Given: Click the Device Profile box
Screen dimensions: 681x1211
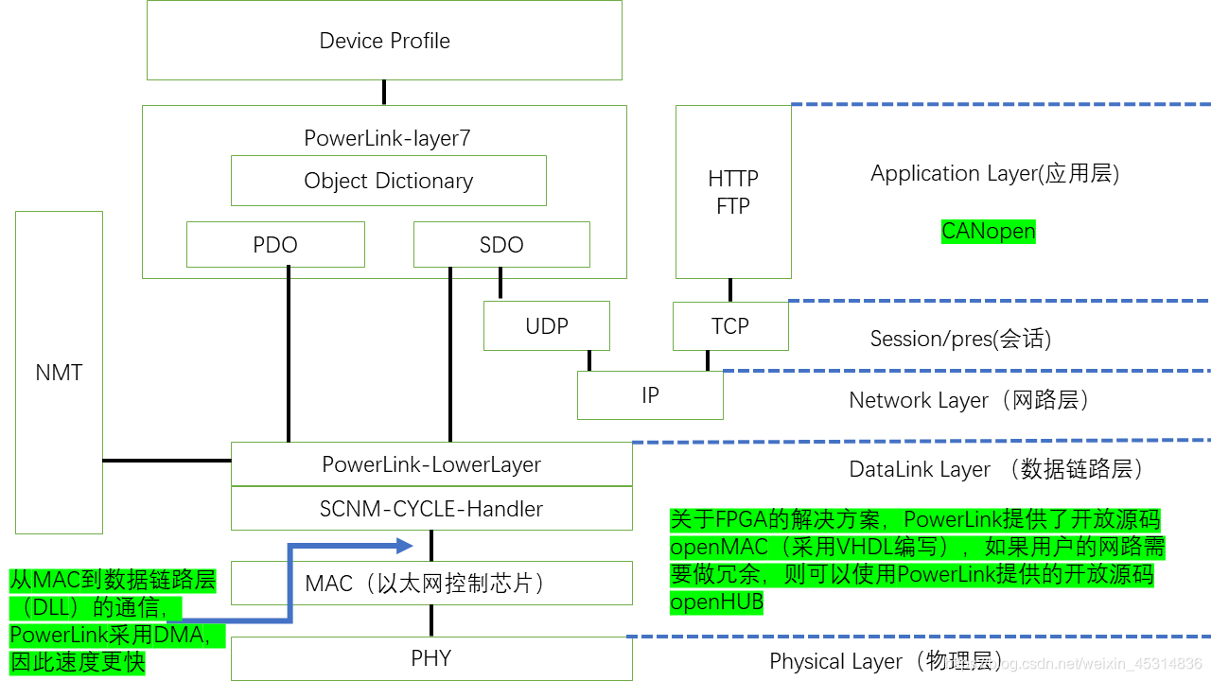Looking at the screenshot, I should pyautogui.click(x=384, y=41).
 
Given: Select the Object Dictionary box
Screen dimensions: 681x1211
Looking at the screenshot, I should pyautogui.click(x=388, y=181).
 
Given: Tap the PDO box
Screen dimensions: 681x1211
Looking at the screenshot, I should pyautogui.click(x=275, y=245).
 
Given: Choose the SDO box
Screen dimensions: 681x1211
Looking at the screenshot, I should pyautogui.click(x=501, y=245).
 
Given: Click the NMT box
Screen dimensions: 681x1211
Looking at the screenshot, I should pyautogui.click(x=59, y=372).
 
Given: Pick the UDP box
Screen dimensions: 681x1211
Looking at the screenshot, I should pyautogui.click(x=547, y=326).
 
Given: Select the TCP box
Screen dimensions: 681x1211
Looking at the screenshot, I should pyautogui.click(x=730, y=326).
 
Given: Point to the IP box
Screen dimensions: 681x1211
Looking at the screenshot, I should pyautogui.click(x=650, y=395).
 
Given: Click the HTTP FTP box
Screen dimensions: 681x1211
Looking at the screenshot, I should pyautogui.click(x=733, y=192).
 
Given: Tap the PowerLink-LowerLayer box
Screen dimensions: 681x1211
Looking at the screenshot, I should pyautogui.click(x=431, y=464).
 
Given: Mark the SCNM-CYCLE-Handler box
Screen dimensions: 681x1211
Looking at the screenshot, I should pyautogui.click(x=431, y=509).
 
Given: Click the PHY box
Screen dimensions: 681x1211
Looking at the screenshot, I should pyautogui.click(x=431, y=658).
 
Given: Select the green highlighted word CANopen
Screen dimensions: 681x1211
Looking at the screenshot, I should pyautogui.click(x=989, y=232).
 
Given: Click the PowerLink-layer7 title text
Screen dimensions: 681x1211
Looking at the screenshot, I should pyautogui.click(x=387, y=138).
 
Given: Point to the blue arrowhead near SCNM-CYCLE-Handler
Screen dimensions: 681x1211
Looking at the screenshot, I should pyautogui.click(x=405, y=545).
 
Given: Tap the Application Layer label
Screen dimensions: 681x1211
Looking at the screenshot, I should pyautogui.click(x=994, y=174).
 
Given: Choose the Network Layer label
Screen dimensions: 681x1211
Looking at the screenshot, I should pyautogui.click(x=970, y=400).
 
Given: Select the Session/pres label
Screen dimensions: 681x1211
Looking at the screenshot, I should pyautogui.click(x=960, y=339).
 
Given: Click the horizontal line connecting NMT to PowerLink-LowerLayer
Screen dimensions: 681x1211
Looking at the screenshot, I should pyautogui.click(x=167, y=461).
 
